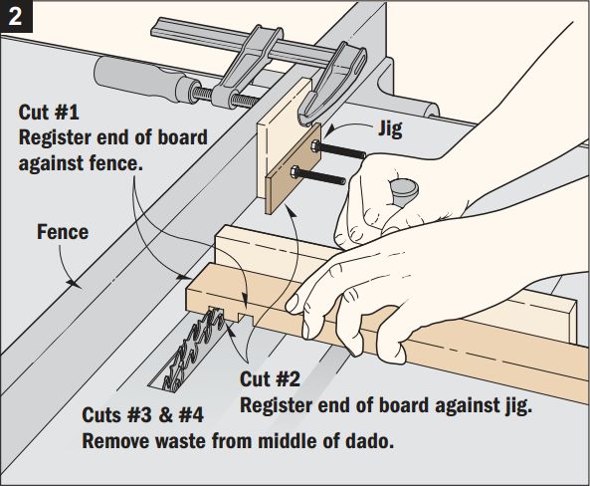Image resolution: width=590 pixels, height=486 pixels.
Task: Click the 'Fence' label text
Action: (x=63, y=232)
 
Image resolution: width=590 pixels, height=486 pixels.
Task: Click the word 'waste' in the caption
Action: (x=176, y=439)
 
